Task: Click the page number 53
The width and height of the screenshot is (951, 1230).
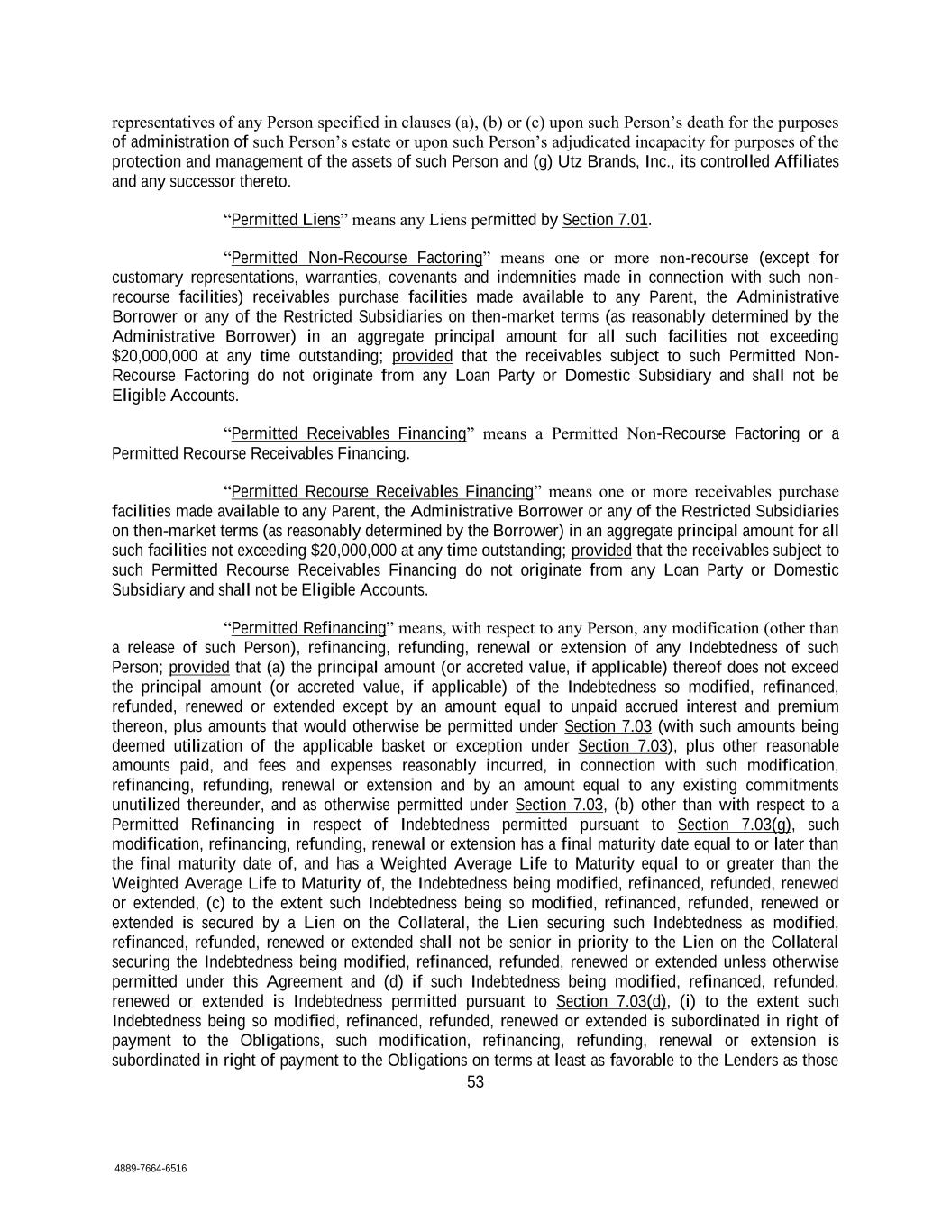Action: pyautogui.click(x=475, y=1082)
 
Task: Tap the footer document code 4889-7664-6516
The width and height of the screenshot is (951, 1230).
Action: pyautogui.click(x=151, y=1169)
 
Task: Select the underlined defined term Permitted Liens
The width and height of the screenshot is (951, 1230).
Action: pyautogui.click(x=286, y=220)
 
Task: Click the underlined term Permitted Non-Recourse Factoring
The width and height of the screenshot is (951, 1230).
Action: pyautogui.click(x=357, y=258)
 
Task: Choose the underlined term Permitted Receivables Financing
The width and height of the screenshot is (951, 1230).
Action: pyautogui.click(x=349, y=433)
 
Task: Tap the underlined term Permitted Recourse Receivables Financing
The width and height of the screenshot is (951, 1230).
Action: pyautogui.click(x=382, y=491)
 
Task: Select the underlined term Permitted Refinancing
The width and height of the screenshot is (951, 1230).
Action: pyautogui.click(x=308, y=628)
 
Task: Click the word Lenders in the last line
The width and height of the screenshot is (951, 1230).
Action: pyautogui.click(x=750, y=1060)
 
